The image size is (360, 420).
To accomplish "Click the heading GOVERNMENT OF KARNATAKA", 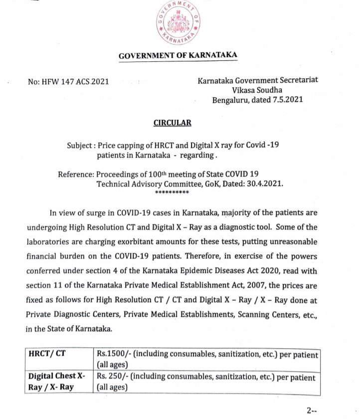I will [x=178, y=55].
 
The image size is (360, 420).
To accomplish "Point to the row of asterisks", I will [x=172, y=192].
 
